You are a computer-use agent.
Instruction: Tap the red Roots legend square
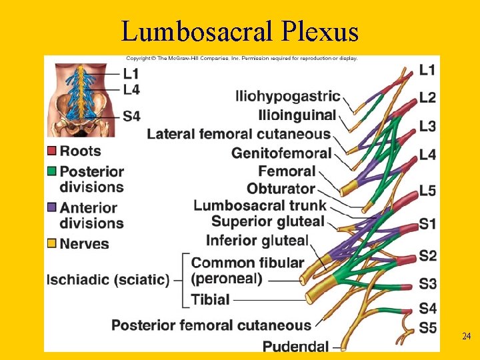[x=51, y=151]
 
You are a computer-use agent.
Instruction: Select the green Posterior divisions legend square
[x=51, y=172]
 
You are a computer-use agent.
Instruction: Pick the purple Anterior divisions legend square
[x=51, y=207]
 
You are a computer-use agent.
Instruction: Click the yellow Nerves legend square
[x=51, y=243]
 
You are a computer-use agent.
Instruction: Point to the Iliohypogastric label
[x=288, y=97]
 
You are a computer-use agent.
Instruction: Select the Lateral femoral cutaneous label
[x=239, y=135]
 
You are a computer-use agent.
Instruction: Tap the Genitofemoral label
[x=281, y=153]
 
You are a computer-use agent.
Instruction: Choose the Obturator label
[x=281, y=189]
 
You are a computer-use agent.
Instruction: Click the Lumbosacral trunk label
[x=260, y=205]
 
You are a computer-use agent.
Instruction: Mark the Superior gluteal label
[x=267, y=221]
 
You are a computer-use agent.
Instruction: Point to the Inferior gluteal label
[x=257, y=240]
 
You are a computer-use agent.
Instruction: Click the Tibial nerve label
[x=210, y=299]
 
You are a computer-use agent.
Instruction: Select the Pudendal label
[x=295, y=345]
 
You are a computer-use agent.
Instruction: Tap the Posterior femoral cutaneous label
[x=211, y=325]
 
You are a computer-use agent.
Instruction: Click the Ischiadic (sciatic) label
[x=107, y=279]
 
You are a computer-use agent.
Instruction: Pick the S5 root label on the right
[x=428, y=327]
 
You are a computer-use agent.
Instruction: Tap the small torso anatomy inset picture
[x=81, y=99]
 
